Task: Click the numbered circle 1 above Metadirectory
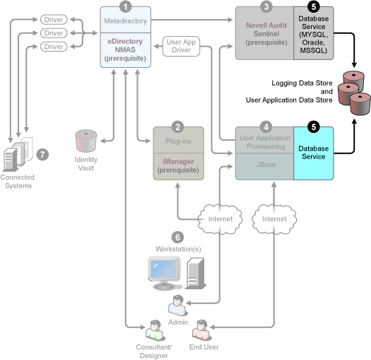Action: (x=126, y=7)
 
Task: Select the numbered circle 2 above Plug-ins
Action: (x=178, y=127)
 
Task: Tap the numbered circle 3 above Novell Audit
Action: (x=266, y=7)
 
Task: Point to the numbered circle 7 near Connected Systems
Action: (x=42, y=154)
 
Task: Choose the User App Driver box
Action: (x=182, y=46)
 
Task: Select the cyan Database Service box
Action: (x=312, y=152)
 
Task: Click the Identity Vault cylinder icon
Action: (x=86, y=141)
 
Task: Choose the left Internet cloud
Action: (x=220, y=219)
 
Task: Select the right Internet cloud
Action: (x=274, y=219)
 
